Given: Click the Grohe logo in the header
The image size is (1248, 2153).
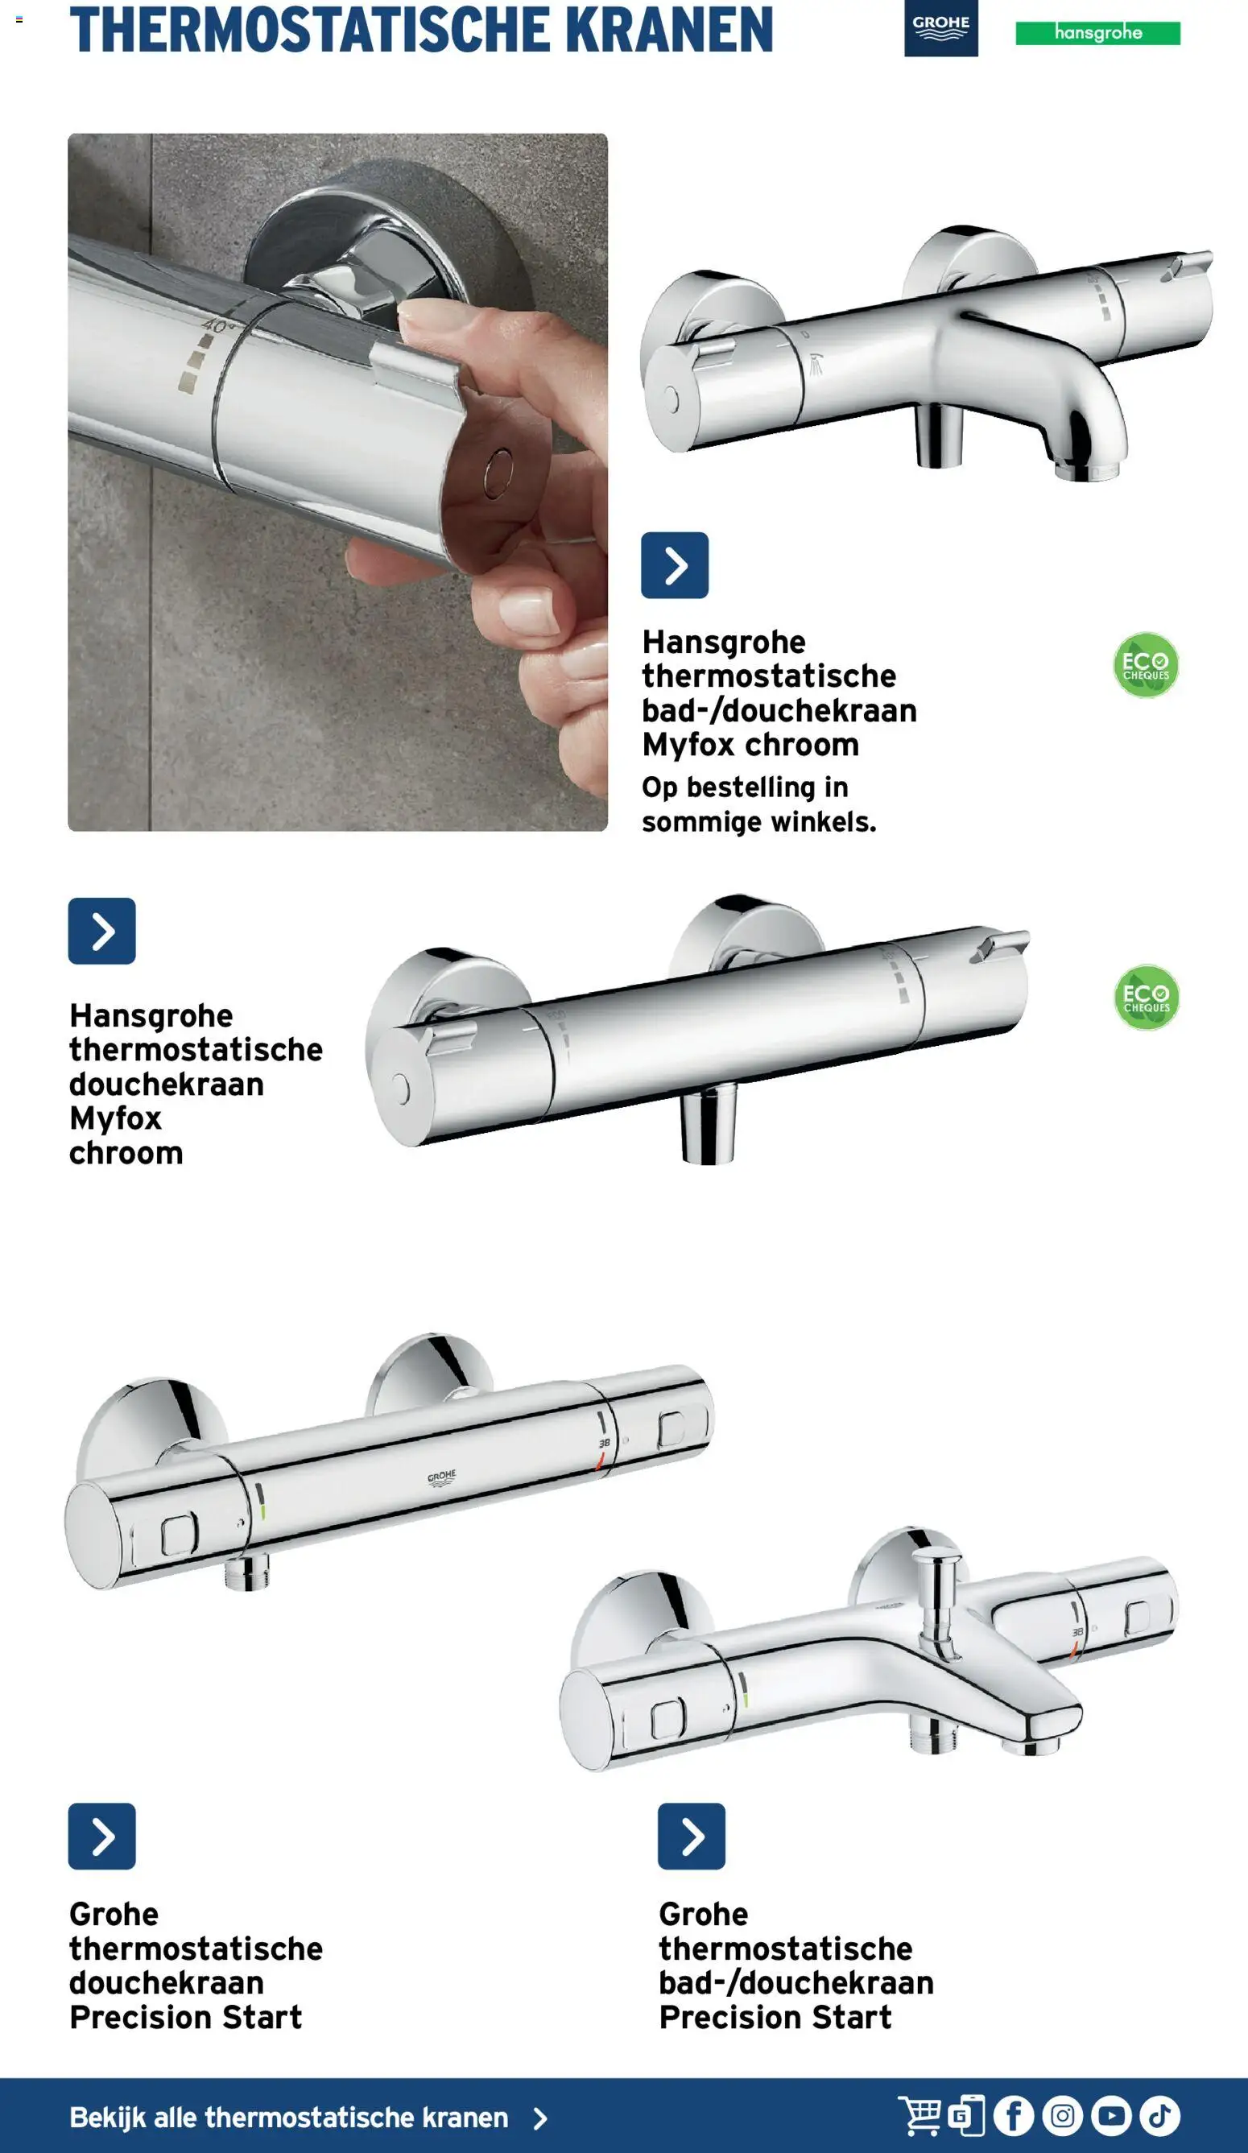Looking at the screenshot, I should point(940,28).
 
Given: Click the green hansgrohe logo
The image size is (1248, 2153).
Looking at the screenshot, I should point(1097,33).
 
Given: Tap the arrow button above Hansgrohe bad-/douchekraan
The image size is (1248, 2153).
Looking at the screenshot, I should point(674,564).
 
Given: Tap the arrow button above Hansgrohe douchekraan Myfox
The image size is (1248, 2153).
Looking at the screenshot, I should point(101,931).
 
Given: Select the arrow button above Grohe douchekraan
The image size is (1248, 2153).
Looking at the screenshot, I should point(101,1836).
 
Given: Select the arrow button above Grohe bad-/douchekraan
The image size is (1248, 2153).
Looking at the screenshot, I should point(691,1836).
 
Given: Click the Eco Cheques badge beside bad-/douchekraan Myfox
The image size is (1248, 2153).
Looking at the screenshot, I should point(1146,665).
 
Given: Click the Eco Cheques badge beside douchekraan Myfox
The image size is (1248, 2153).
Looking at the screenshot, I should point(1147,997).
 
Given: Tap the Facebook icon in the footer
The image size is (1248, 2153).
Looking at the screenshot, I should point(1014,2115).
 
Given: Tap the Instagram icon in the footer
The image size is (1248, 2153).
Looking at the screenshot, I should point(1063,2115).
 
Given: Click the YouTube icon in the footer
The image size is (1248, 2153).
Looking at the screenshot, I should point(1111,2115).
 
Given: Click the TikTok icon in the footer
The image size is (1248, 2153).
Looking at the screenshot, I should point(1160,2115).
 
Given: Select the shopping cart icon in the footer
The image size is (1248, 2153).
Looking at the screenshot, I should point(919,2115).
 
